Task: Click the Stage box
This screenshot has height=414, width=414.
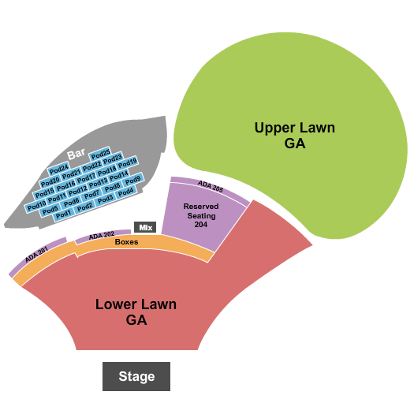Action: click(136, 376)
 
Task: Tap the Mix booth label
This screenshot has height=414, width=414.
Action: click(144, 227)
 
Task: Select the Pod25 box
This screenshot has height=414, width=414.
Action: click(100, 154)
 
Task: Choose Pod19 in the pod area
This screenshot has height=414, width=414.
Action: click(128, 162)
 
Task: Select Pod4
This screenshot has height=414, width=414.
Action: click(125, 191)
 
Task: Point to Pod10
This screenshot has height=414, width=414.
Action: click(36, 206)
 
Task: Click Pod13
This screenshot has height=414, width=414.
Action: click(98, 183)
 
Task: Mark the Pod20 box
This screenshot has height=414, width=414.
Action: click(50, 180)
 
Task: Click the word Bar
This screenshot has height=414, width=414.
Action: click(76, 154)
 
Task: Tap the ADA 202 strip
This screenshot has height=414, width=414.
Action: click(102, 235)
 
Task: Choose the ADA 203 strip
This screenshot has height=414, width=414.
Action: click(210, 188)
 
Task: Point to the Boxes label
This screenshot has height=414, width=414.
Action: click(126, 242)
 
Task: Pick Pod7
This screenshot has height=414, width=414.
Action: click(92, 195)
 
